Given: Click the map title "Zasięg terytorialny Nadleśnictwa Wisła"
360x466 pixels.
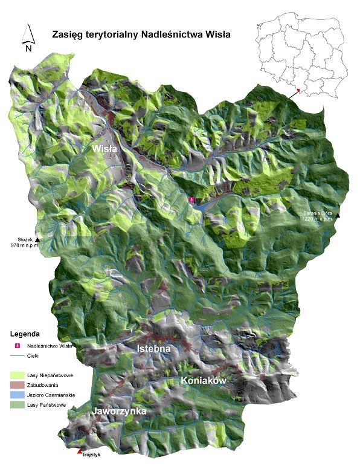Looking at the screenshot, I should click(141, 34).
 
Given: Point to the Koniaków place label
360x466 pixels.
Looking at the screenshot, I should click(203, 380).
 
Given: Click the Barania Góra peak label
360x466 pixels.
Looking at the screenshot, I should click(318, 216).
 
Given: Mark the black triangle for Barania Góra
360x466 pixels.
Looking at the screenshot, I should click(339, 216).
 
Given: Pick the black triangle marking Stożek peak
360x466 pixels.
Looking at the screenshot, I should click(38, 240).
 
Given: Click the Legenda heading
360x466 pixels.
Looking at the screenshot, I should click(25, 333).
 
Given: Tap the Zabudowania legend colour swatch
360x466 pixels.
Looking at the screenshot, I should click(18, 385).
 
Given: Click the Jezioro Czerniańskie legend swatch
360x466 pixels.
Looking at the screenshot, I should click(18, 394).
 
